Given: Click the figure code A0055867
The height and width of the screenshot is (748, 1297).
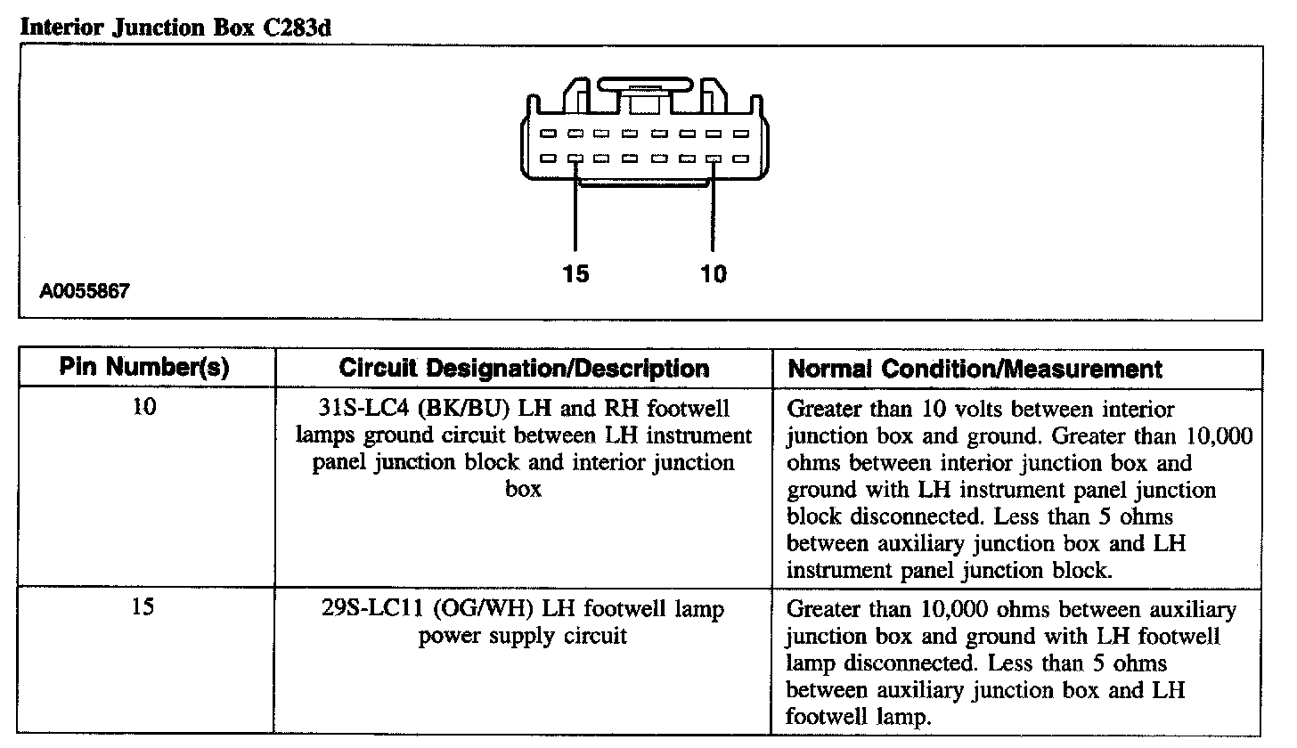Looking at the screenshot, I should pyautogui.click(x=85, y=291).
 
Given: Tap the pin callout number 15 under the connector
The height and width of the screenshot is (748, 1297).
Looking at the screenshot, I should pyautogui.click(x=575, y=274).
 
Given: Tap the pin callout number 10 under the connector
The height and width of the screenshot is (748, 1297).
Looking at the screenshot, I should pyautogui.click(x=714, y=274).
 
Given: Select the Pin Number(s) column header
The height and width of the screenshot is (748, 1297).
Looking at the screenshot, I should pyautogui.click(x=145, y=369).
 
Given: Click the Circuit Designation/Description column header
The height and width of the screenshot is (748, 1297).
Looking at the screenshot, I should pyautogui.click(x=524, y=369).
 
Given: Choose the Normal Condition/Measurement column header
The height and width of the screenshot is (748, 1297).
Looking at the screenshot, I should pyautogui.click(x=975, y=369).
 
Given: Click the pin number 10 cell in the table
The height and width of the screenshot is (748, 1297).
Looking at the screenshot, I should pyautogui.click(x=144, y=409).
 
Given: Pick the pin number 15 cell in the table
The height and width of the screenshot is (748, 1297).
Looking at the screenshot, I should pyautogui.click(x=144, y=609).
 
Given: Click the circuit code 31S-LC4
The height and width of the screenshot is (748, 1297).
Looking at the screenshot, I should pyautogui.click(x=350, y=410).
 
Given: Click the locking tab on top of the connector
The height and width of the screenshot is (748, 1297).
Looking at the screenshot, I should pyautogui.click(x=644, y=85).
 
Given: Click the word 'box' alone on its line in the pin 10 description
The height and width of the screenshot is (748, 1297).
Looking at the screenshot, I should pyautogui.click(x=523, y=490).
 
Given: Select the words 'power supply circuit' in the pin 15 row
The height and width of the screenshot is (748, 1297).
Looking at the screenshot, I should pyautogui.click(x=523, y=637).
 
